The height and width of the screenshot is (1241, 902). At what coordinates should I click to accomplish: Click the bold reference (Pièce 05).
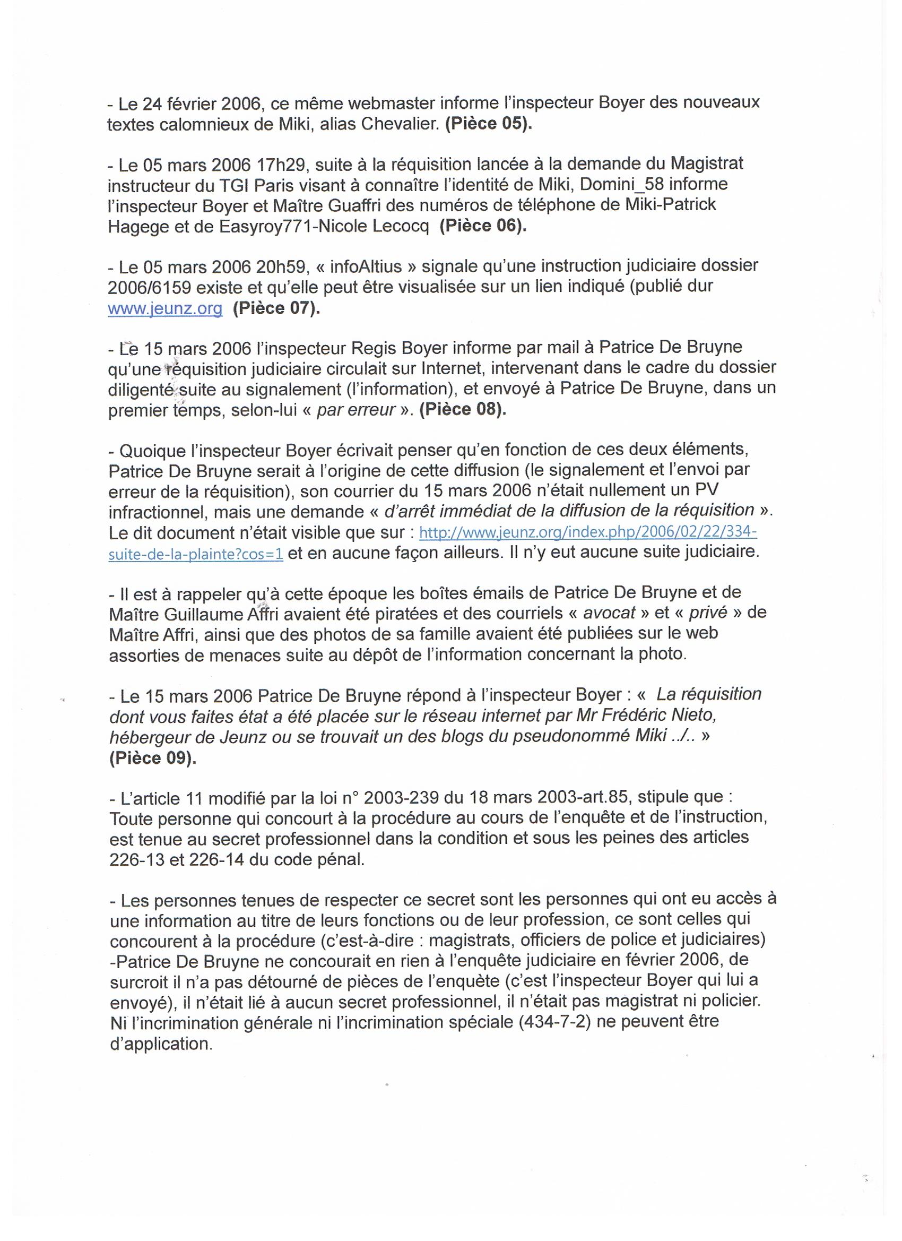click(489, 124)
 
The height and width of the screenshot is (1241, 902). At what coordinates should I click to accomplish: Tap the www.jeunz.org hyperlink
click(165, 308)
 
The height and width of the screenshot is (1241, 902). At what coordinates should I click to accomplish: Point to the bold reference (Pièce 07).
click(276, 308)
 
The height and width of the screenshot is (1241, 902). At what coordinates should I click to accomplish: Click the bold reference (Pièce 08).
click(463, 410)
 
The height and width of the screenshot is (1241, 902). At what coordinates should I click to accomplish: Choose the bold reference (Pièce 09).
click(153, 759)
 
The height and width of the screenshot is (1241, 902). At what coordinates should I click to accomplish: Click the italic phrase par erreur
click(357, 410)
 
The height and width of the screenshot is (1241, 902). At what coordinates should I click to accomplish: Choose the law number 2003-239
click(401, 798)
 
